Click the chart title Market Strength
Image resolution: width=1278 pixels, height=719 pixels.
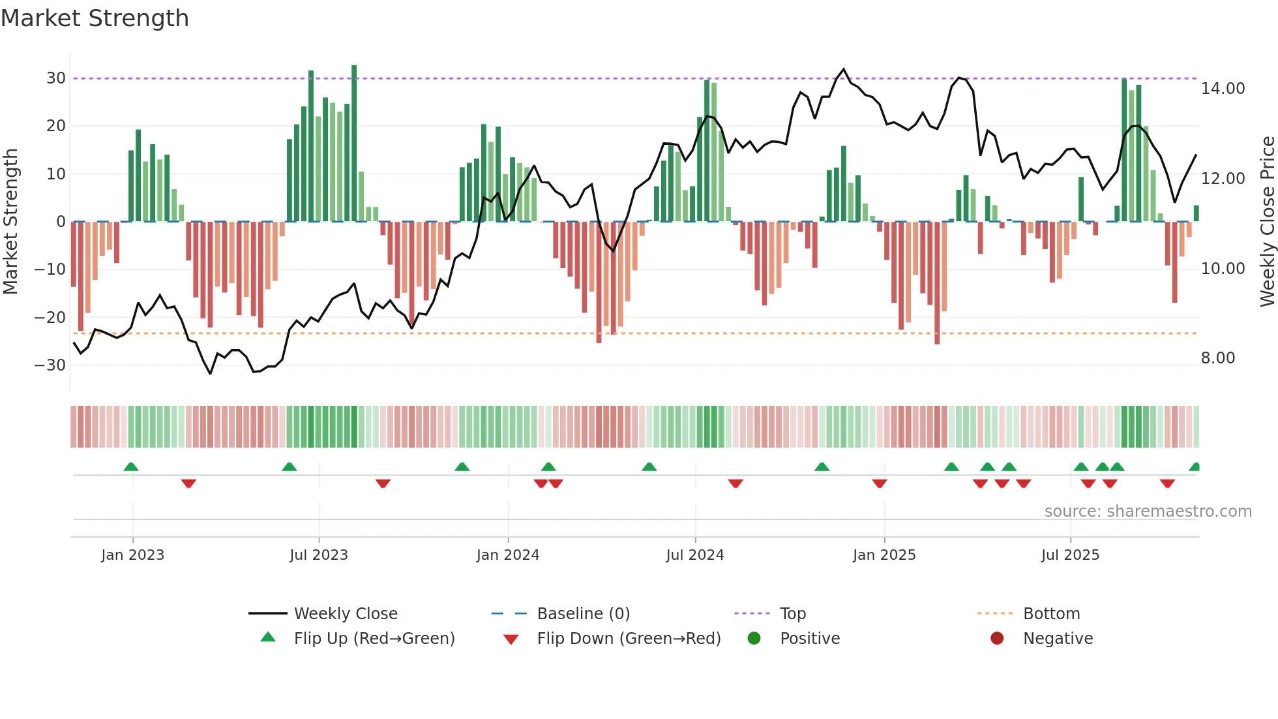95,18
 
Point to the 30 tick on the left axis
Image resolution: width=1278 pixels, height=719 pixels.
56,78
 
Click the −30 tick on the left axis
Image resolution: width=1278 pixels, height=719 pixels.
51,365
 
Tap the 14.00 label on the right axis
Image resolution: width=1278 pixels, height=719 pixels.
1223,89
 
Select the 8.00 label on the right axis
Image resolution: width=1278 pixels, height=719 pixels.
1217,358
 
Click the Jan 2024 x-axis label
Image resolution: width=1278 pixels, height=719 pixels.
508,555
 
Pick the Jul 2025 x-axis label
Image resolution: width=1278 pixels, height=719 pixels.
1070,555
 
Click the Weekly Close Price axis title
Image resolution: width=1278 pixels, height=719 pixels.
1267,222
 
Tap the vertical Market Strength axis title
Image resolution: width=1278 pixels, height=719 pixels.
10,222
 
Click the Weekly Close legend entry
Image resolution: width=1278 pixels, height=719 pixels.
345,614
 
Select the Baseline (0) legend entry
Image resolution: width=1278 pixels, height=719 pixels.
583,614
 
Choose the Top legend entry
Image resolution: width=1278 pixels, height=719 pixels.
792,614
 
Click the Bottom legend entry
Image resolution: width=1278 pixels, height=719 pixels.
1051,614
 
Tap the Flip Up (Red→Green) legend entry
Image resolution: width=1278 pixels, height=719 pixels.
374,639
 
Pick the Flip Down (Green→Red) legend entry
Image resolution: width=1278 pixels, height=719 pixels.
629,639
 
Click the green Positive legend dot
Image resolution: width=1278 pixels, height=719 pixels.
754,639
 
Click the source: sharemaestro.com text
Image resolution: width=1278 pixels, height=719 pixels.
1148,512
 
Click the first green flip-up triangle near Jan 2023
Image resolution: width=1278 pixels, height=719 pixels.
131,467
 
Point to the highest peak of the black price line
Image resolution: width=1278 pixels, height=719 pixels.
844,69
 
